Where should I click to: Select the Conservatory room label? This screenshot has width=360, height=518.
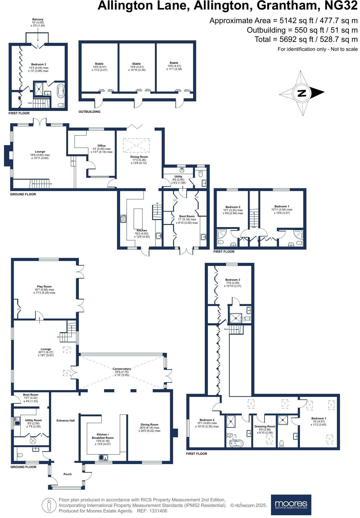[x=122, y=369]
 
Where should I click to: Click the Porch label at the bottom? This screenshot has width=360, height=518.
[x=67, y=474]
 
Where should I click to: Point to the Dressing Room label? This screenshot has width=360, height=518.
[x=265, y=426]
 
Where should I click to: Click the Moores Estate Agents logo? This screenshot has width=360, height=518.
[x=291, y=504]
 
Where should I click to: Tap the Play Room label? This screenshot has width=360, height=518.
[x=44, y=286]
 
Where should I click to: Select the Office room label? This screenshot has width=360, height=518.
[x=101, y=146]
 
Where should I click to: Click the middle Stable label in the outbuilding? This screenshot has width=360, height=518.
[x=136, y=64]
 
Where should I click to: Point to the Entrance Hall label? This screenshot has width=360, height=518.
[x=66, y=420]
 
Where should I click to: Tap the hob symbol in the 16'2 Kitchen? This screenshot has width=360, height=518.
[x=123, y=219]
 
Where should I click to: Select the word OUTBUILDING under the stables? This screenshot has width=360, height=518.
[x=89, y=112]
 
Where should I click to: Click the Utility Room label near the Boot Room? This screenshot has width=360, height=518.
[x=33, y=420]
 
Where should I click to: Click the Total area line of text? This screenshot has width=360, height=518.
[x=306, y=39]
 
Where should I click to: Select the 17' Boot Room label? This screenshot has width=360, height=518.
[x=186, y=216]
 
